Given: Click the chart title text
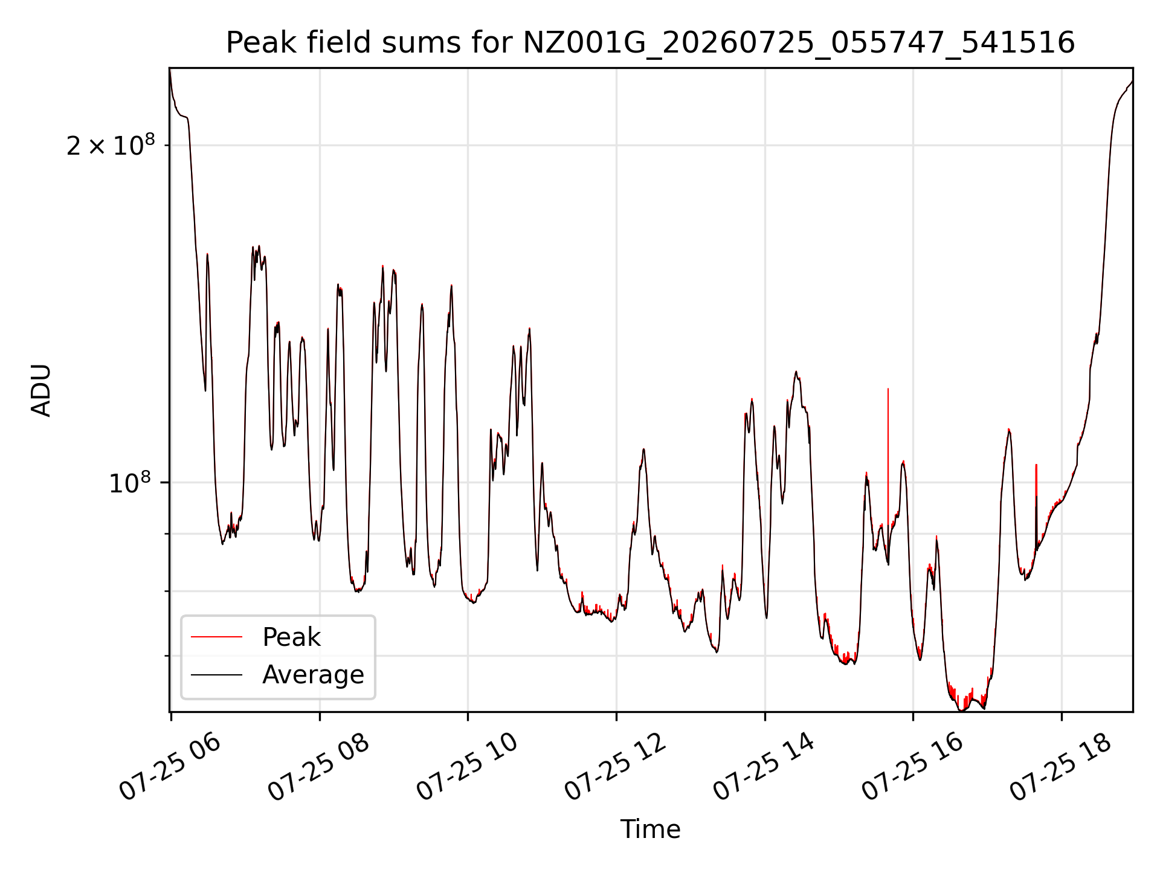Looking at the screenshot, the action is tap(650, 43).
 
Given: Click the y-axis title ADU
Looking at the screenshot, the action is tap(41, 390).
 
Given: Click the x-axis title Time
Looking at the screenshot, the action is tap(650, 830).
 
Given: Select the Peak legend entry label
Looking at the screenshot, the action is tap(291, 637).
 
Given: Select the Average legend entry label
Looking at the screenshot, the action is tap(313, 675).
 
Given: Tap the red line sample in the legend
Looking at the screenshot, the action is tap(216, 637).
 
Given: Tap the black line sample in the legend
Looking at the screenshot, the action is tap(216, 674).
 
